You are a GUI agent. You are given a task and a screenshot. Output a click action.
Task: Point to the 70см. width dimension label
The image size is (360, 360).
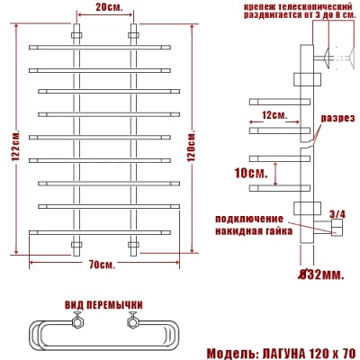[101, 265]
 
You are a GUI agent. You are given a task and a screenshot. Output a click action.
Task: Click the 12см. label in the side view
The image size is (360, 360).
[274, 115]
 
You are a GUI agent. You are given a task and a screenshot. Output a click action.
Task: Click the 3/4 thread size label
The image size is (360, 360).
[337, 214]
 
